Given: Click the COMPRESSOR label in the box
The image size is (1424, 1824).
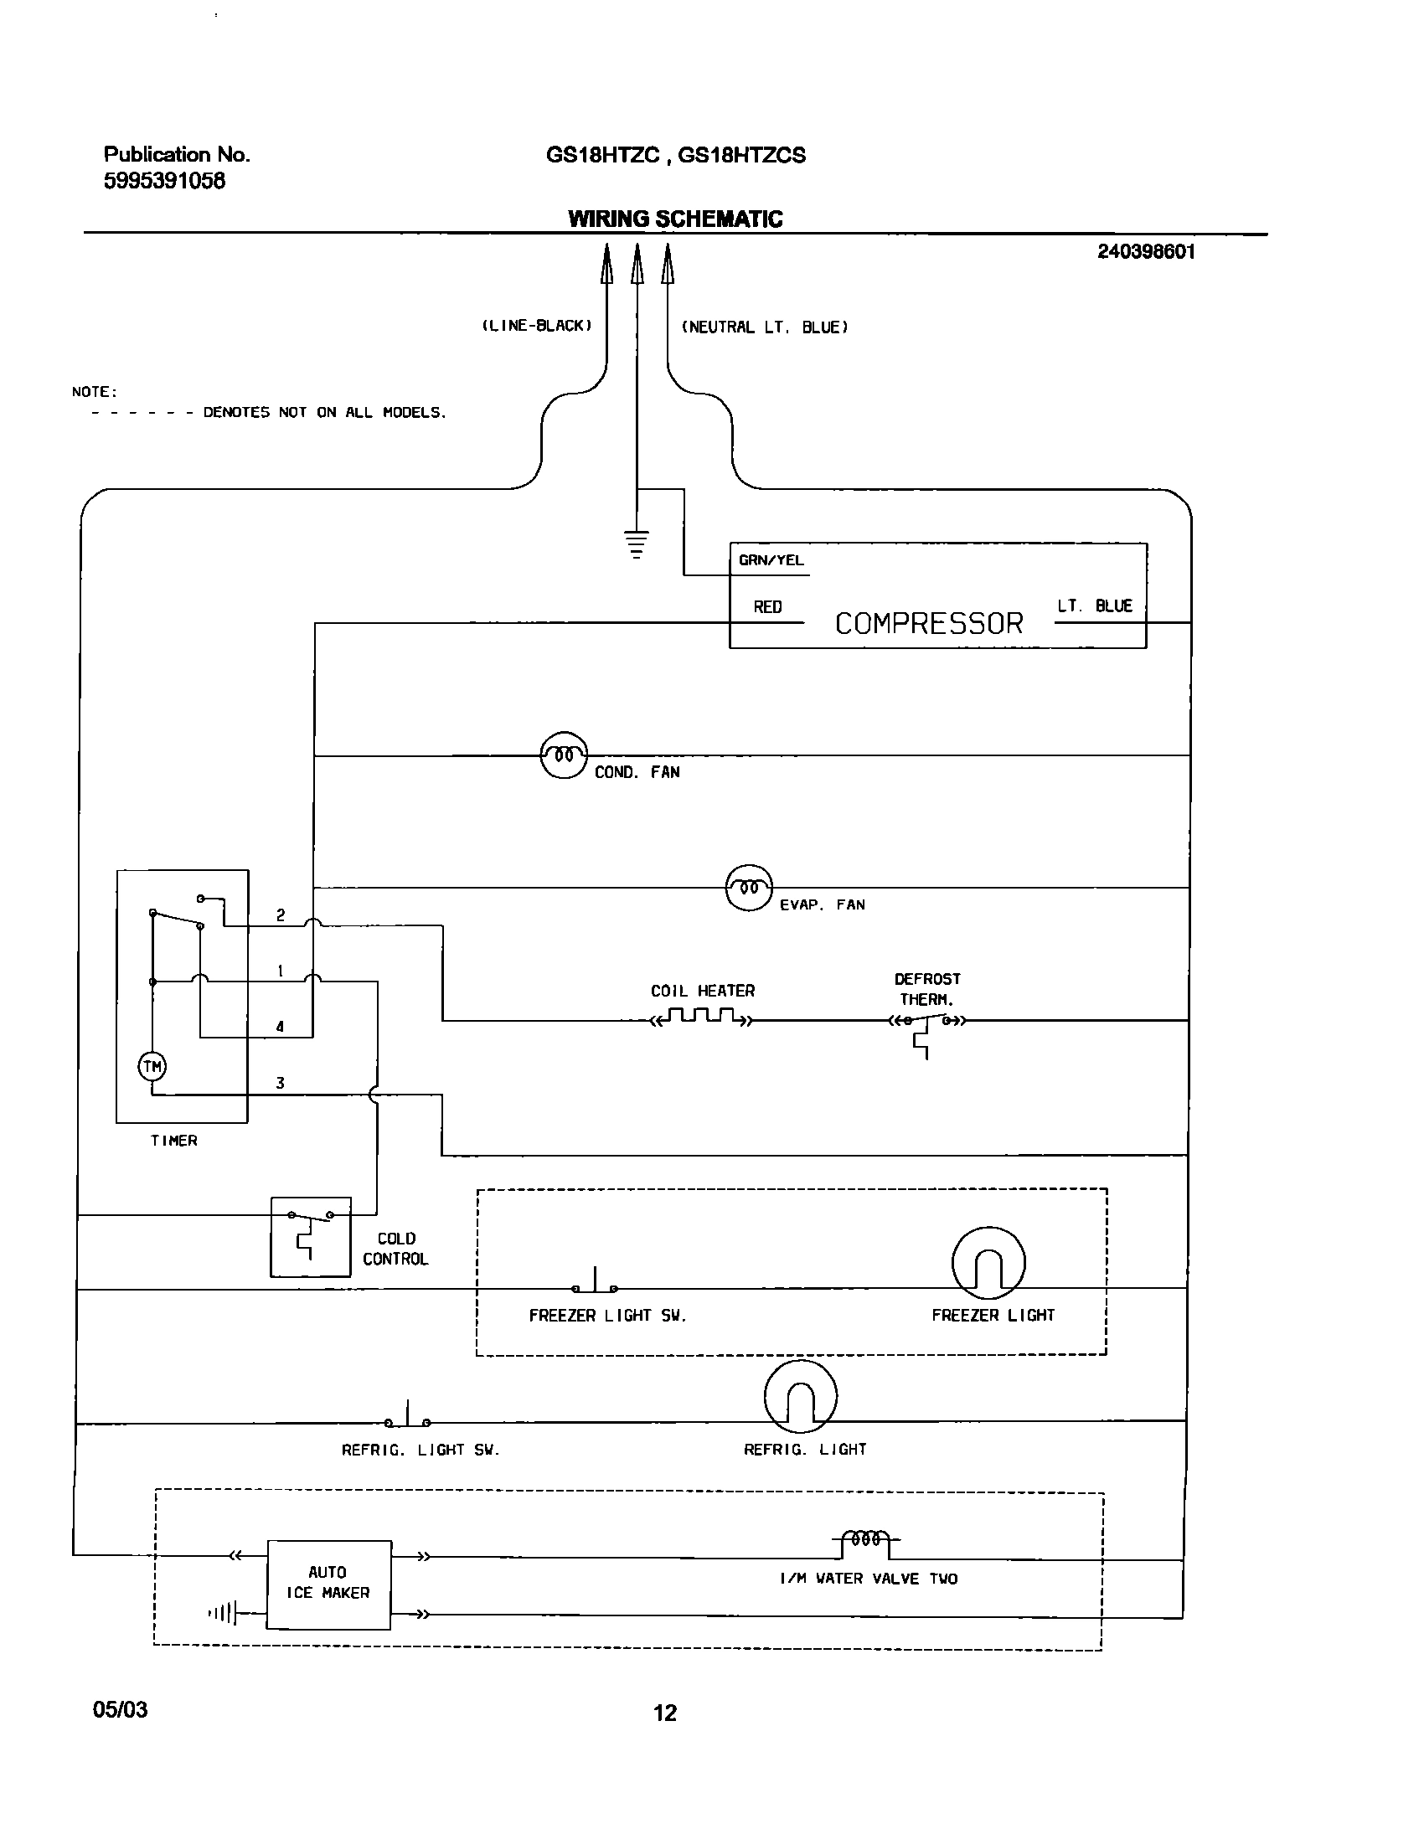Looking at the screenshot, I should tap(928, 623).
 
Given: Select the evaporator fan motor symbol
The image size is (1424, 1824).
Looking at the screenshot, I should tap(749, 888).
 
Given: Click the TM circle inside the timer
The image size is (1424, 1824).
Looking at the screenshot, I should tap(152, 1066).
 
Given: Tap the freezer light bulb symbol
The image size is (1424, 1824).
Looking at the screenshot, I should tap(988, 1264).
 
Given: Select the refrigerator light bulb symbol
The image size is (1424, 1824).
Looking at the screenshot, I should tap(801, 1396).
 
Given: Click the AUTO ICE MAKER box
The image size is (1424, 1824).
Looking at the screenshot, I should tap(328, 1584).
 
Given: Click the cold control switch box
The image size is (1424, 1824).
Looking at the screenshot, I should tap(311, 1236).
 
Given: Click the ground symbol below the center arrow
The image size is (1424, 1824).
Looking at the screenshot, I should tap(637, 544).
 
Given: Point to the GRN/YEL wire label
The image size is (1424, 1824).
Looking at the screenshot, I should tap(771, 560).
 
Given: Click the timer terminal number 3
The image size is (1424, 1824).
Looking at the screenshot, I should tap(280, 1083).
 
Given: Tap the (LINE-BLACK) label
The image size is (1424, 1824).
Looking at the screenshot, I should tap(536, 326).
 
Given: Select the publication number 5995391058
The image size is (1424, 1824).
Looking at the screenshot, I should tap(164, 181).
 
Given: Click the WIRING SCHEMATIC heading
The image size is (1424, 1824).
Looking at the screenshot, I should tap(675, 219).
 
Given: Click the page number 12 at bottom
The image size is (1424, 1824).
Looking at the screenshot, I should tap(665, 1713).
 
